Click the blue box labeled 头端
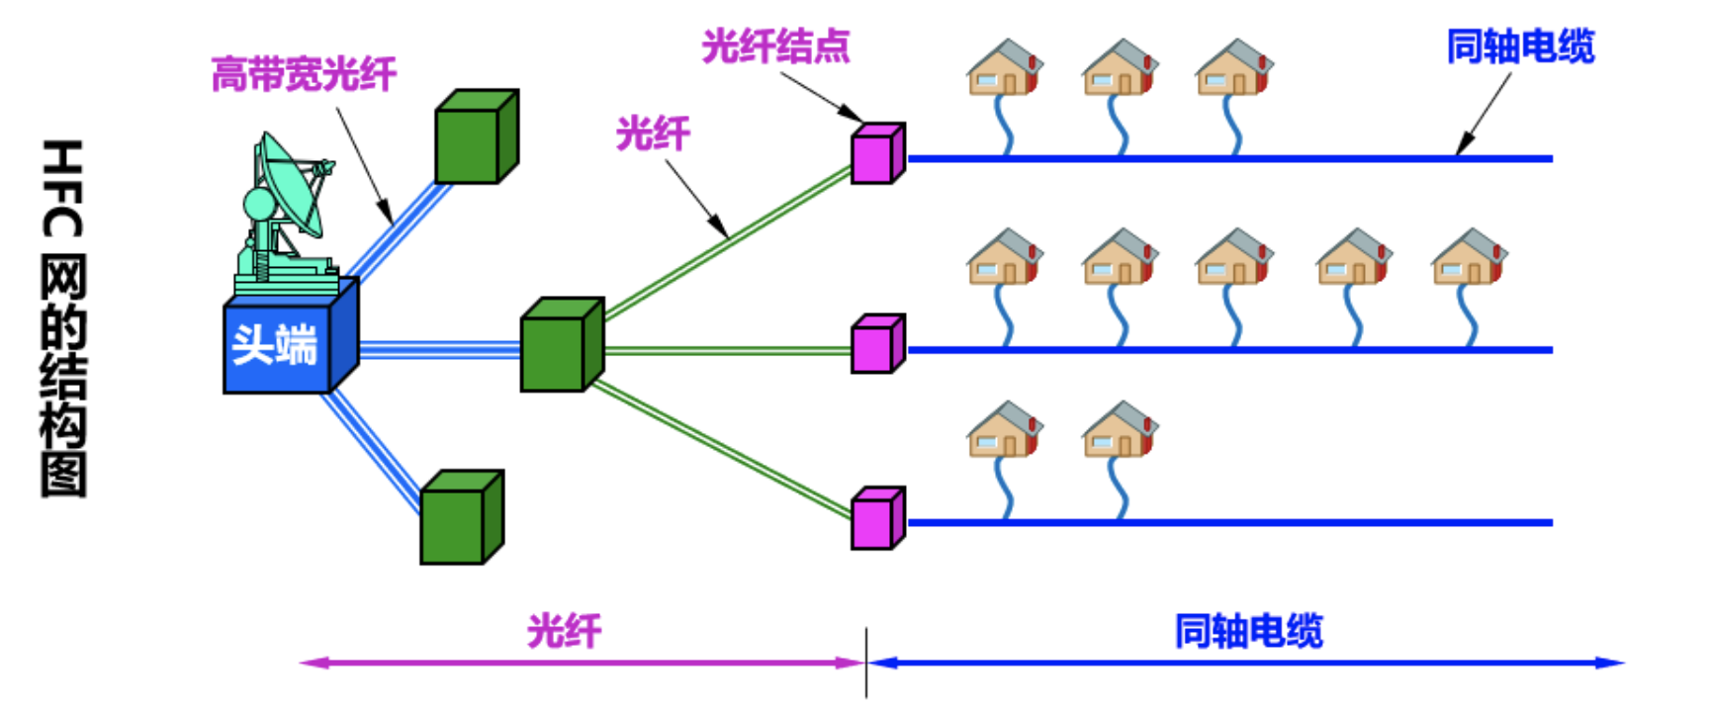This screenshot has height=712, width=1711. [291, 336]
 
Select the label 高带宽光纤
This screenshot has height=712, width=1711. [304, 74]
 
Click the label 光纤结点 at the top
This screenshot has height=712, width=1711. [775, 46]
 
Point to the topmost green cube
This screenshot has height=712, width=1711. [477, 136]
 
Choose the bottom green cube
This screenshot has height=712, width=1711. [462, 517]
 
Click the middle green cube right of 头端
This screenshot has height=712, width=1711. [562, 345]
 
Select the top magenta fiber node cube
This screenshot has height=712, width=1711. [878, 153]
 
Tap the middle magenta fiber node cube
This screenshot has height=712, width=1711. [878, 344]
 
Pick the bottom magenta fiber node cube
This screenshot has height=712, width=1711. [878, 517]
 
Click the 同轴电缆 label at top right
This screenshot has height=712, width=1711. [1520, 46]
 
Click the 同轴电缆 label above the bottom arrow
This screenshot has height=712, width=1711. [1248, 631]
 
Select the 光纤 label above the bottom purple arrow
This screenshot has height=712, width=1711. [564, 631]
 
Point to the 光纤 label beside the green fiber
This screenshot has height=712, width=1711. [653, 133]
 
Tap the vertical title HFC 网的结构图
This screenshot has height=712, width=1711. [63, 318]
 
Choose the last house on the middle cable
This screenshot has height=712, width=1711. [1469, 257]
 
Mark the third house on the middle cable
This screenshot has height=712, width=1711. [1233, 257]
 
